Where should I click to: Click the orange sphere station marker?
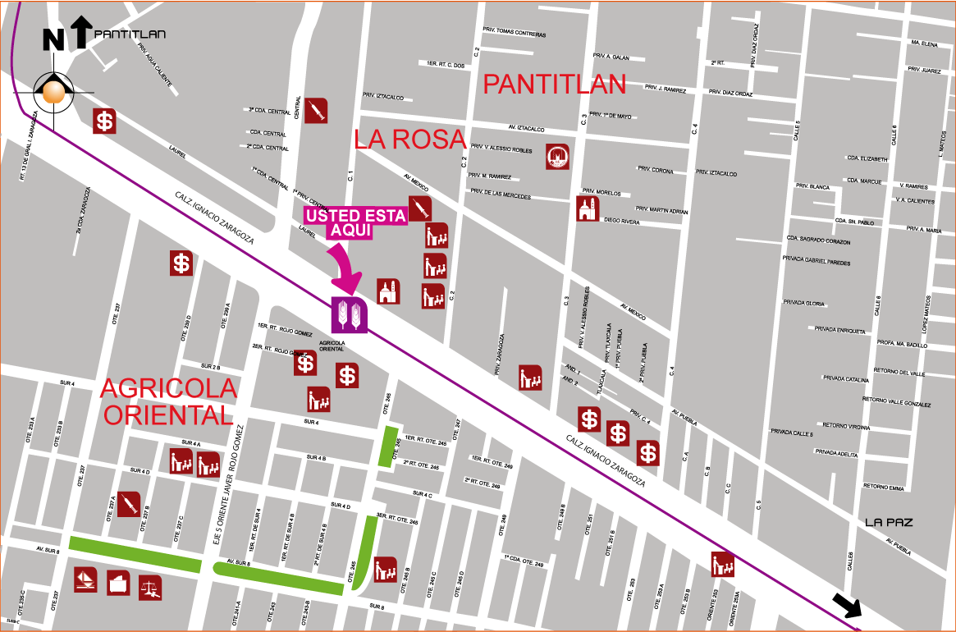54,92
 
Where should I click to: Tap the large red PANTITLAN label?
555,84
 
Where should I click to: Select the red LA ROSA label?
411,140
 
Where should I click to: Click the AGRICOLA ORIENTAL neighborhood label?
168,401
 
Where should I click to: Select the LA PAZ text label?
889,522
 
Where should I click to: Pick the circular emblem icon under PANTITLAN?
558,157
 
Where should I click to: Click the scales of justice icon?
150,586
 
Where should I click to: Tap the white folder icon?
118,584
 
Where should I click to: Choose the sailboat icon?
85,580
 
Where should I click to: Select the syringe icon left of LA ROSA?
316,111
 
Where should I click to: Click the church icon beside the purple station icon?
389,291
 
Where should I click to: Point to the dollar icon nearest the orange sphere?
104,121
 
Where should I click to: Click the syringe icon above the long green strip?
128,504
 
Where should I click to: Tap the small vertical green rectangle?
388,447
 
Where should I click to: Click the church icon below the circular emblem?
588,208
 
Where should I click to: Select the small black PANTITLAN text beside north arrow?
130,34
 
